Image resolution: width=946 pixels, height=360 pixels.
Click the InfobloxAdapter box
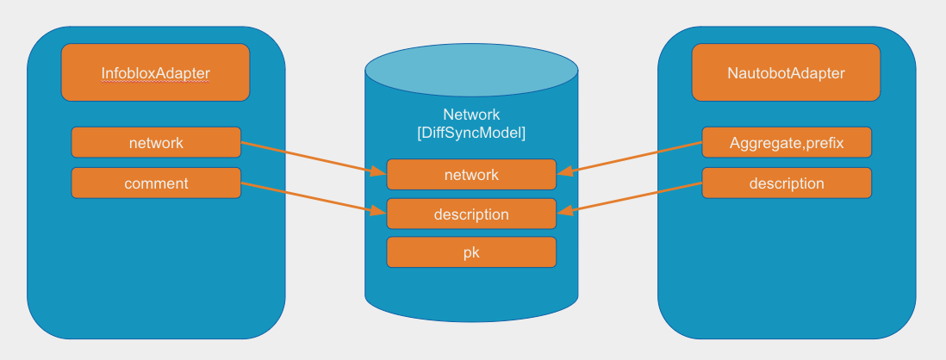click(x=155, y=73)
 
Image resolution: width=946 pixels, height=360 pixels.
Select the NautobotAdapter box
click(x=786, y=73)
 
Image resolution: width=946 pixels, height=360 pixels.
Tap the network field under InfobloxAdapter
click(x=155, y=142)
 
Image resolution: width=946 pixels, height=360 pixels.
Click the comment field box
click(x=155, y=183)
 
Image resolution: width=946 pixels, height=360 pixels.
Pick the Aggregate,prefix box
click(x=786, y=142)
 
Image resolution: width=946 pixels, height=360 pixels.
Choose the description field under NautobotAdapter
click(x=786, y=183)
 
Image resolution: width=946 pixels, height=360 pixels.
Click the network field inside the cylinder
click(x=470, y=175)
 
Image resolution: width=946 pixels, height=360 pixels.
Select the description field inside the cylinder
click(x=470, y=214)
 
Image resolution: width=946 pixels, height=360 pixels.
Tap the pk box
click(x=470, y=252)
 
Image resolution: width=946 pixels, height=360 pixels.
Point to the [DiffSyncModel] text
click(x=470, y=133)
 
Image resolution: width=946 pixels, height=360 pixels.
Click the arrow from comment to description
click(x=314, y=197)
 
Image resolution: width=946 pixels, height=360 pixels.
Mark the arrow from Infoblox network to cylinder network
click(x=314, y=158)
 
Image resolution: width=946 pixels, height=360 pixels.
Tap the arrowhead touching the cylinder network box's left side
click(x=379, y=172)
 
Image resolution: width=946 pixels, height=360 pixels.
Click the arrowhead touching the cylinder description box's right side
click(x=563, y=209)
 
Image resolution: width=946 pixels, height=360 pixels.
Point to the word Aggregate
click(x=759, y=142)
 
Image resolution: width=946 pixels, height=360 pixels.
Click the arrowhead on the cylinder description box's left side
click(x=379, y=211)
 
